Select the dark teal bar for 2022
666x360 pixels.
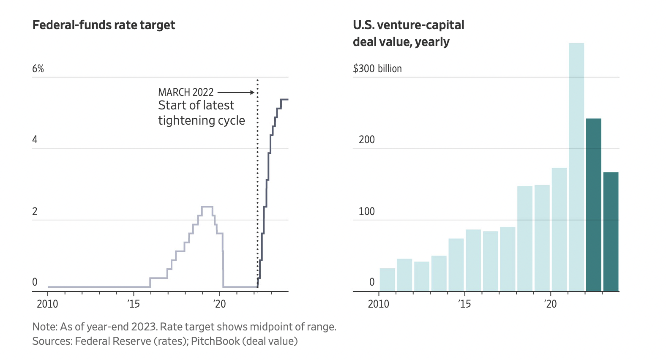593,205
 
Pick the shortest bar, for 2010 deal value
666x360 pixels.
387,280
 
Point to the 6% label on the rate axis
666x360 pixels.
38,69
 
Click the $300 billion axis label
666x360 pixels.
377,69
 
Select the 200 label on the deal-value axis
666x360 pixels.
366,140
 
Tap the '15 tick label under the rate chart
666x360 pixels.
134,304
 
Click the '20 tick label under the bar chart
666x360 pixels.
550,304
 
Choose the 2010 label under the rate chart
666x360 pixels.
47,304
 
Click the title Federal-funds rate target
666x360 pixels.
104,25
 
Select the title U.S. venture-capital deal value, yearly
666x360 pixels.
408,33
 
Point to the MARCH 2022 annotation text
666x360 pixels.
186,92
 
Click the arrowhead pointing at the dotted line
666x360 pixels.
252,92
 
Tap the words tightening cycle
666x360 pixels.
202,120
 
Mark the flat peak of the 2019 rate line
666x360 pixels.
207,207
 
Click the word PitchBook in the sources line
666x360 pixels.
216,341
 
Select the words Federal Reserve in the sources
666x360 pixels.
113,341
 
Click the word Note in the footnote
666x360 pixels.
44,327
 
